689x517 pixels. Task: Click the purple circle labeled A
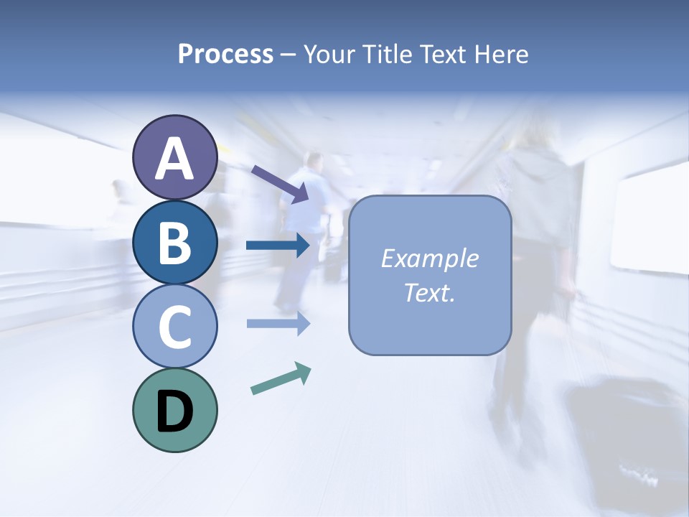point(174,157)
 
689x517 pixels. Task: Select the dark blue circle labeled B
point(174,242)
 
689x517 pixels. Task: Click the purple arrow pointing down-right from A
point(280,184)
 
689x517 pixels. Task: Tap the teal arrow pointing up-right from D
point(281,378)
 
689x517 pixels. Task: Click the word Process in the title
point(225,54)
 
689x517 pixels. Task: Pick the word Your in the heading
point(330,54)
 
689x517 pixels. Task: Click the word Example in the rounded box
point(429,258)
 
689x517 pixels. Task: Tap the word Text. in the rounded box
point(429,292)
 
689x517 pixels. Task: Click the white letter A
point(174,159)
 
